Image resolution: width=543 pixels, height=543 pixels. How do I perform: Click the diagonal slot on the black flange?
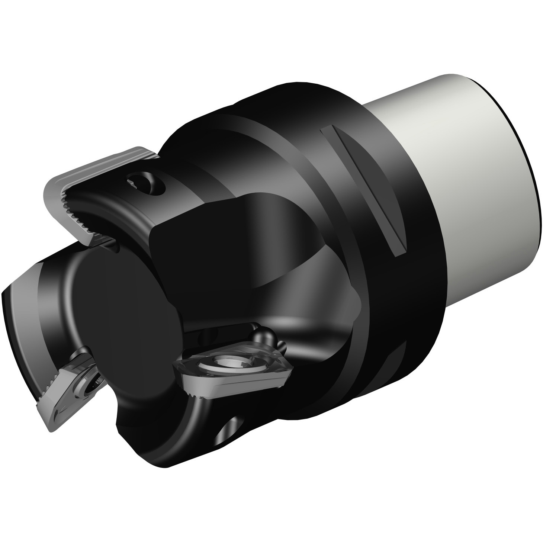click(364, 190)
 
